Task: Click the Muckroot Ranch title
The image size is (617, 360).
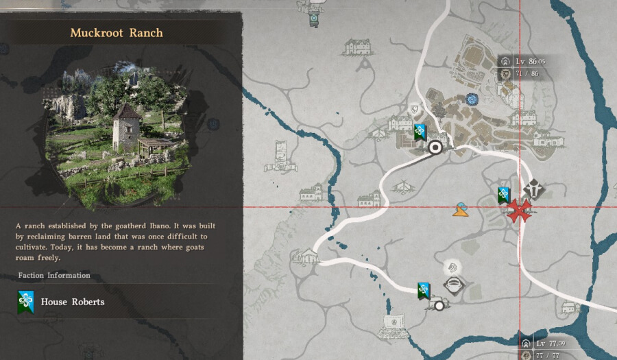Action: (117, 32)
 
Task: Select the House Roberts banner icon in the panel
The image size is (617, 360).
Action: (26, 302)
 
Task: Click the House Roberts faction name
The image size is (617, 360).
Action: (73, 302)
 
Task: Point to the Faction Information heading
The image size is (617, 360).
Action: (55, 275)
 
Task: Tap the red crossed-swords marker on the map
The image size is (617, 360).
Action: (520, 210)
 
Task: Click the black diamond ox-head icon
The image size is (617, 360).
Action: (533, 189)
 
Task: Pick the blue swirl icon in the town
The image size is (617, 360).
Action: (472, 99)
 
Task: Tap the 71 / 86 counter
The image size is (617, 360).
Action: (527, 73)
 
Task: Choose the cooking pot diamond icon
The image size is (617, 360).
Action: (452, 285)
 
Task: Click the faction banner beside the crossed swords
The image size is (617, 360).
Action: (504, 195)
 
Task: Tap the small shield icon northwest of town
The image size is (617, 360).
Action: (413, 109)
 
